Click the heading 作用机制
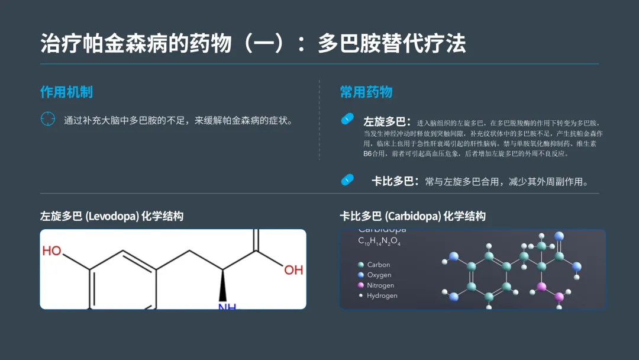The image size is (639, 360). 66,92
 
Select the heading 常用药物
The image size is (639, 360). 366,92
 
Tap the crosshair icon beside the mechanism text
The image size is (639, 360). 47,120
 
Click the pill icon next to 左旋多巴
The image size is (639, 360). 347,119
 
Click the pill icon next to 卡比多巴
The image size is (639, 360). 347,179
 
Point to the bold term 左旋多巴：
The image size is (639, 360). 387,122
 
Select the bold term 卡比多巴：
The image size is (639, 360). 395,181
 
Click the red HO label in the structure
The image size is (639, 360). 52,251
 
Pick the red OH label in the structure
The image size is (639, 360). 293,270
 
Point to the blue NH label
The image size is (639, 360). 227,306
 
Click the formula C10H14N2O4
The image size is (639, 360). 379,242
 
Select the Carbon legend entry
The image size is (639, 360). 378,265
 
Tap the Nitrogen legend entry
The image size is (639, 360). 380,285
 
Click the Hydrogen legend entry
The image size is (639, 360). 382,295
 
